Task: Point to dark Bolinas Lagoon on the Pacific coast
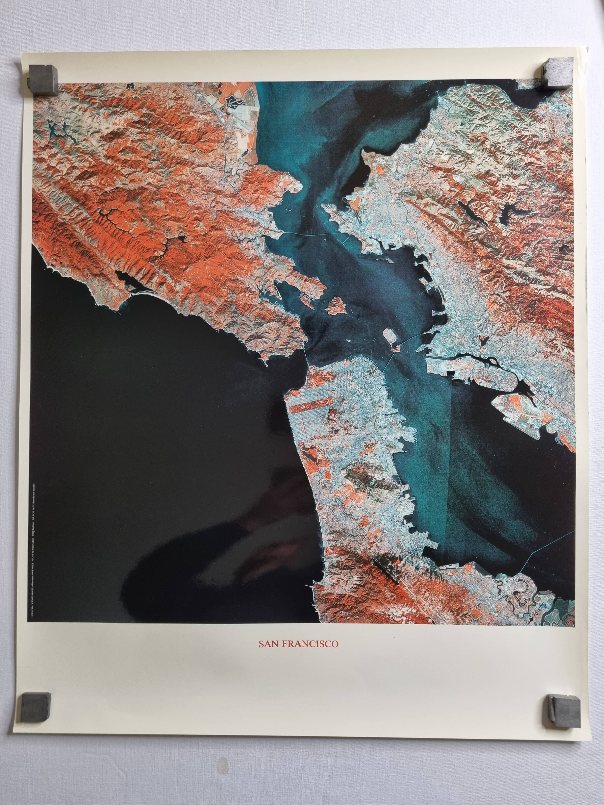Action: pyautogui.click(x=126, y=278)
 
